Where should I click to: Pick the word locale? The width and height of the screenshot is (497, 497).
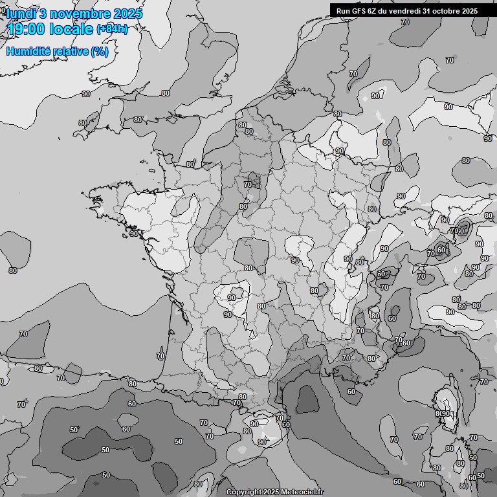pyautogui.click(x=71, y=29)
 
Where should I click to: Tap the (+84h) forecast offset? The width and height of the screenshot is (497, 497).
pyautogui.click(x=112, y=29)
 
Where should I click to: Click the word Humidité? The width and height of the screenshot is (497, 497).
pyautogui.click(x=28, y=51)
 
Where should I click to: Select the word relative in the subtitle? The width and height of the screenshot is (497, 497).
pyautogui.click(x=71, y=51)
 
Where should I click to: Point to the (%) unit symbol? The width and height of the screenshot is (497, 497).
pyautogui.click(x=100, y=51)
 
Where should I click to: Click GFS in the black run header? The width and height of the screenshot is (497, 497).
pyautogui.click(x=358, y=10)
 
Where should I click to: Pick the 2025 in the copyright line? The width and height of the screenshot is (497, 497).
pyautogui.click(x=269, y=492)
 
